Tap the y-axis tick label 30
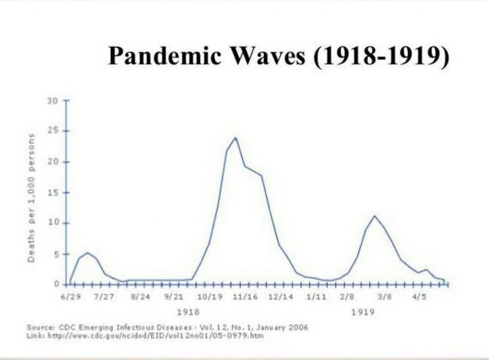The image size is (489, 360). (x=53, y=101)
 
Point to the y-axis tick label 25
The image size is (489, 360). (x=53, y=131)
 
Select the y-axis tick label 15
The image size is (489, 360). (x=53, y=193)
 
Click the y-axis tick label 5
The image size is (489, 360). (x=56, y=254)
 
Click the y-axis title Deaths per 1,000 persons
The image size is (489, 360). (x=33, y=198)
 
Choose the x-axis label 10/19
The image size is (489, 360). (x=209, y=297)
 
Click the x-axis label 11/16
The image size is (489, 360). (x=245, y=297)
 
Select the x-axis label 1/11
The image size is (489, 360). (x=316, y=297)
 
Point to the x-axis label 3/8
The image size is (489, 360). (x=385, y=297)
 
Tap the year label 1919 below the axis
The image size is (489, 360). (x=364, y=312)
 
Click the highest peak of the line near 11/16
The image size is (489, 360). (x=235, y=137)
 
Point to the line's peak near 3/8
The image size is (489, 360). (x=375, y=216)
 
